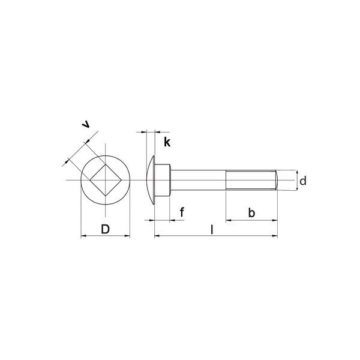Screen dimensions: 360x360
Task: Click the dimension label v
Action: pyautogui.click(x=87, y=124)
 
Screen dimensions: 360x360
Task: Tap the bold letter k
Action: pyautogui.click(x=167, y=142)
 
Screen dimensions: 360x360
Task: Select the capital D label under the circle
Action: pyautogui.click(x=105, y=229)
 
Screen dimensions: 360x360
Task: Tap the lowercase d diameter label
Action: pyautogui.click(x=303, y=181)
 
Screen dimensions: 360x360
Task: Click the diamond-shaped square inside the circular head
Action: pyautogui.click(x=105, y=180)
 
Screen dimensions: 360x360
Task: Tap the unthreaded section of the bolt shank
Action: pyautogui.click(x=198, y=180)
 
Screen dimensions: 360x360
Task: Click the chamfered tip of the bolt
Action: pyautogui.click(x=277, y=180)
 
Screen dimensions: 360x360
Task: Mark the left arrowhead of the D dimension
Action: pyautogui.click(x=83, y=236)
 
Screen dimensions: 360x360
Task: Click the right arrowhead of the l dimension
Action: pyautogui.click(x=275, y=236)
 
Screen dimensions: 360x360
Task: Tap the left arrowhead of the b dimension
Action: pyautogui.click(x=229, y=220)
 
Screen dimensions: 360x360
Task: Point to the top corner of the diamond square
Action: pyautogui.click(x=105, y=164)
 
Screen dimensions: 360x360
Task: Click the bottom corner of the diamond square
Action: pyautogui.click(x=105, y=196)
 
